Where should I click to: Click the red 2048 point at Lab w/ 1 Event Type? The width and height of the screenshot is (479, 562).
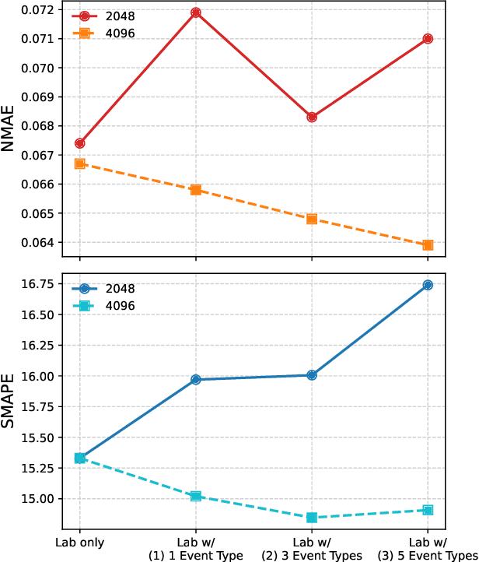click(x=196, y=13)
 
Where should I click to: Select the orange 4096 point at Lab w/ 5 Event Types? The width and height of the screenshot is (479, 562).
click(x=428, y=245)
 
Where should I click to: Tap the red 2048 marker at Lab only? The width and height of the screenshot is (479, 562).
click(x=80, y=143)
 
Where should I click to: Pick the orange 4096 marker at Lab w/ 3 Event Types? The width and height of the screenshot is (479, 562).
click(x=312, y=219)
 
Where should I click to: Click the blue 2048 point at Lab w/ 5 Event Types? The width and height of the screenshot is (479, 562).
click(x=428, y=286)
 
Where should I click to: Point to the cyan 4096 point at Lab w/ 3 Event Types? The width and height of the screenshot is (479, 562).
click(x=312, y=518)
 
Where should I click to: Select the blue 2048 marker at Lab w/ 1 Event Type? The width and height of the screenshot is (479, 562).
click(x=196, y=380)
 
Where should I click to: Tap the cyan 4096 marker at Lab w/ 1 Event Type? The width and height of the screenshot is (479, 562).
click(x=196, y=496)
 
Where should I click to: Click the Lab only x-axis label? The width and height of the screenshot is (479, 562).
click(x=80, y=543)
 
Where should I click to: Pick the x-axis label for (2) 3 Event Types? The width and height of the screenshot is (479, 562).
click(x=312, y=549)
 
